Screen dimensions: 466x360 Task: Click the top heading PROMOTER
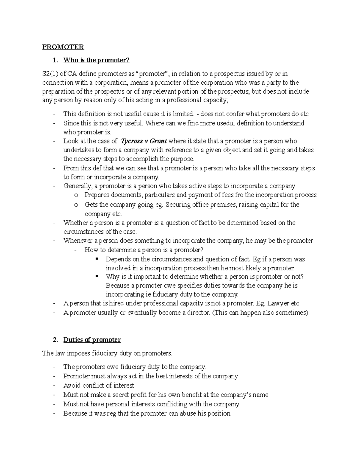[x=63, y=47]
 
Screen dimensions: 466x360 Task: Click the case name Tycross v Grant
[x=144, y=141]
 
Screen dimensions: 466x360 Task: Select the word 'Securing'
[x=178, y=205]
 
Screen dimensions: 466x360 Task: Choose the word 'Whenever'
[x=76, y=241]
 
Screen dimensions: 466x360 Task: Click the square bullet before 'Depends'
[x=96, y=259]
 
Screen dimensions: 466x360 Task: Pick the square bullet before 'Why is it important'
[x=96, y=276]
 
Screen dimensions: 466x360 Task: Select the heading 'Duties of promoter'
[x=92, y=340]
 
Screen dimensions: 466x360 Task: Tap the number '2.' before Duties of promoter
[x=55, y=340]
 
